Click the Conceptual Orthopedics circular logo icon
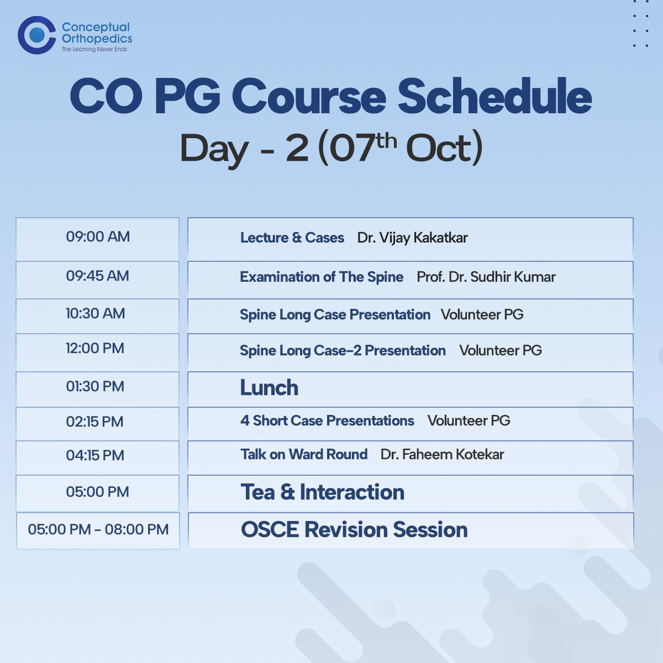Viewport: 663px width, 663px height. pos(36,35)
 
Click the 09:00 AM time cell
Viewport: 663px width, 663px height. pos(98,239)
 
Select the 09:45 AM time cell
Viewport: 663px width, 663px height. pos(98,280)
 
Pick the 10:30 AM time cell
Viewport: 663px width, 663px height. pos(98,316)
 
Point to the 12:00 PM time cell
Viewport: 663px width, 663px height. pos(98,352)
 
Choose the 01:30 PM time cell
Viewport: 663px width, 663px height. pos(98,389)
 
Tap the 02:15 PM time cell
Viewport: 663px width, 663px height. pos(98,424)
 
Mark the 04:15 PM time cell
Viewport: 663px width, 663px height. pos(98,457)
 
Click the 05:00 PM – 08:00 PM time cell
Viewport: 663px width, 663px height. pos(98,530)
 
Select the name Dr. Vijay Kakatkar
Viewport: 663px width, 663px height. pos(412,238)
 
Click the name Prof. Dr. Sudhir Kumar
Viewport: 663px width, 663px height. pos(486,277)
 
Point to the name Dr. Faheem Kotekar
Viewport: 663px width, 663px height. pos(442,455)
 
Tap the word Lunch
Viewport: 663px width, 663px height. pos(269,388)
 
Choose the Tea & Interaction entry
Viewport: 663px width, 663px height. pos(322,492)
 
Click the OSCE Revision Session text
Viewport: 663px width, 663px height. pos(354,529)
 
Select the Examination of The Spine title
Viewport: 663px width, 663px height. pos(322,277)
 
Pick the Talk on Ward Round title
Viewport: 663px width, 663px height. pos(304,455)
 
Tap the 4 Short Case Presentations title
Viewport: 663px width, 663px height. pos(327,420)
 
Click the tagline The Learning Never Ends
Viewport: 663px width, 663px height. pos(94,49)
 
